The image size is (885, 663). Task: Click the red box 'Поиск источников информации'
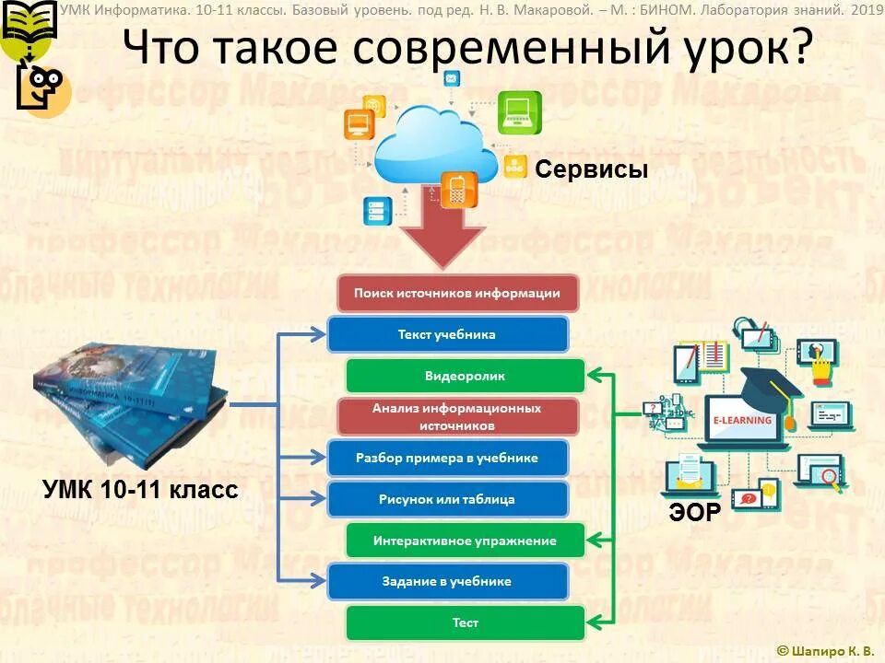coord(457,294)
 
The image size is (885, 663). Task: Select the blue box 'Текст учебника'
coord(447,334)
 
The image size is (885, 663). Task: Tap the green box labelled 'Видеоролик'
coord(465,376)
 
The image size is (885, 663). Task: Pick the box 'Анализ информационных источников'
coord(457,416)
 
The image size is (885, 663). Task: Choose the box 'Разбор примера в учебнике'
coord(447,458)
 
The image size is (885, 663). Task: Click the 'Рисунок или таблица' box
coord(447,499)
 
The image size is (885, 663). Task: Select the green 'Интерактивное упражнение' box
coord(465,541)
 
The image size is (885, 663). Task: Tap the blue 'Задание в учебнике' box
coord(447,581)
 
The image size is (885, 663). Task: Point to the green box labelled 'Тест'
coord(465,622)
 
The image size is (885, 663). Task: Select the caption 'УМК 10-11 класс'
coord(140,489)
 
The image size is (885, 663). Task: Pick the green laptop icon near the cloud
coord(520,112)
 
